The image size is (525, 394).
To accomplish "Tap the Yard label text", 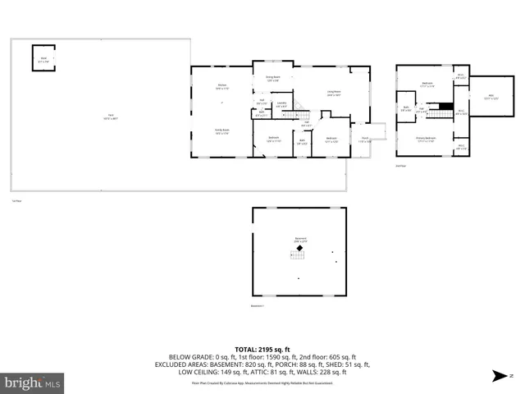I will tap(107, 116).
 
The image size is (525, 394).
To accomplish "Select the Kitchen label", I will tap(221, 85).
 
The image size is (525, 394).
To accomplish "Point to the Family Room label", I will tap(221, 131).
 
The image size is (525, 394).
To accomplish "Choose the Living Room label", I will tap(334, 92).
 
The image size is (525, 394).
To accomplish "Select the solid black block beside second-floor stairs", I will tap(445, 105).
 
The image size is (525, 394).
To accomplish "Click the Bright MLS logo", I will tap(33, 382).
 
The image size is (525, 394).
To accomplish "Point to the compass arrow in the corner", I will tap(499, 376).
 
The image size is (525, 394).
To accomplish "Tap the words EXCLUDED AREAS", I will tap(196, 364).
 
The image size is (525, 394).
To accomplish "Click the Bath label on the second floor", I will tap(405, 108).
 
